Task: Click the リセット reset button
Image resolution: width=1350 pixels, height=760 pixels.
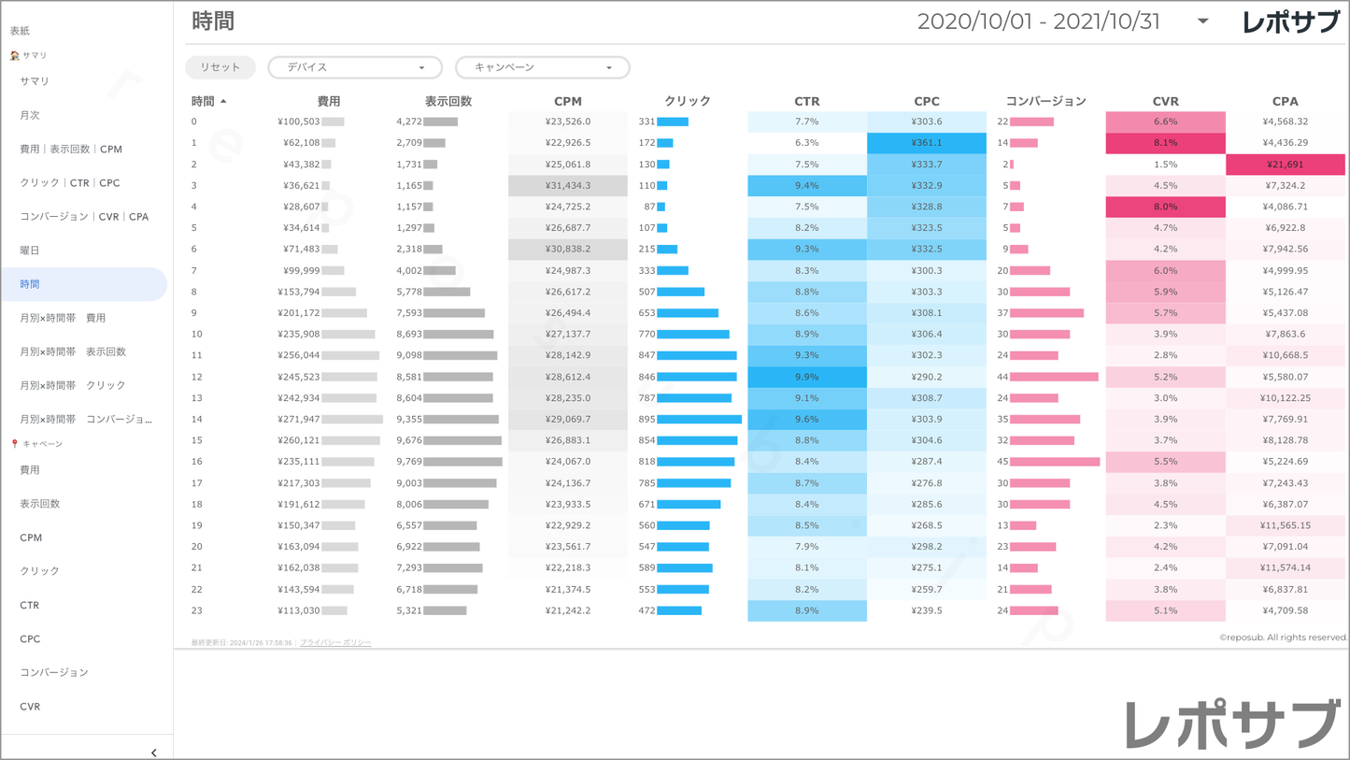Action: coord(220,67)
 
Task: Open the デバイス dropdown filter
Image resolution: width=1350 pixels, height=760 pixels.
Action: coord(355,67)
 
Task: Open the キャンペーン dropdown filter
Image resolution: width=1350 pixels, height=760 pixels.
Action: coord(542,67)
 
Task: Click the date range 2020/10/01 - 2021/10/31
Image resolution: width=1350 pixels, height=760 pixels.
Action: coord(1038,22)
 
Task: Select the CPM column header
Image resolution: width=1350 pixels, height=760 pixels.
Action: coord(567,101)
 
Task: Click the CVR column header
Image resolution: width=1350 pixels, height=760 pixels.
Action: coord(1165,101)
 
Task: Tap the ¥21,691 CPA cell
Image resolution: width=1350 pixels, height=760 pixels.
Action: coord(1286,165)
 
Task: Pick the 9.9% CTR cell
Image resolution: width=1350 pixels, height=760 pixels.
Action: coord(806,377)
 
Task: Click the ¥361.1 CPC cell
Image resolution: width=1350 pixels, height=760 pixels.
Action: coord(926,143)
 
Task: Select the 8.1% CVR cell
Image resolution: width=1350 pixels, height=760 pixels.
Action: coord(1165,143)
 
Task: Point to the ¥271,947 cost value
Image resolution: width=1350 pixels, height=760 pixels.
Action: coord(299,420)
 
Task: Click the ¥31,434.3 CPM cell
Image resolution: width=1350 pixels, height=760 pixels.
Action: coord(567,185)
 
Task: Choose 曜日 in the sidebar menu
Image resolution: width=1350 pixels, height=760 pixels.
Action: coord(30,251)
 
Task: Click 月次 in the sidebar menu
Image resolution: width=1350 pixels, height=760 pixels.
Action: coord(30,115)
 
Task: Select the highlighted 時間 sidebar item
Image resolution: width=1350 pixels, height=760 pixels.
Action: coord(30,284)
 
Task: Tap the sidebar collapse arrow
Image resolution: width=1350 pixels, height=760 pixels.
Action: coord(154,753)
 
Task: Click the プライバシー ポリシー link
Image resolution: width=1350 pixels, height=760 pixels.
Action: coord(335,643)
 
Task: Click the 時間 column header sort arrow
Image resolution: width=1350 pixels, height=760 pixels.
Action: coord(223,101)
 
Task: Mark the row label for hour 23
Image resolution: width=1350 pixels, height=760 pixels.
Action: coord(196,610)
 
